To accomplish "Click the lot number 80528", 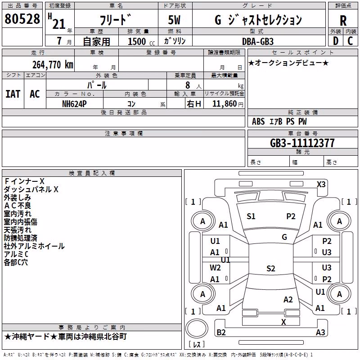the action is click(x=22, y=18).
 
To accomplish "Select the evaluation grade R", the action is click(x=343, y=21).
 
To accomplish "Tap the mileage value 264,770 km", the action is click(x=53, y=65).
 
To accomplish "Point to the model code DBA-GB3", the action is click(x=258, y=41).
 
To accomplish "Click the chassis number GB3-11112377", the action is click(x=302, y=143).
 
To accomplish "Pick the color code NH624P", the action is click(x=74, y=104).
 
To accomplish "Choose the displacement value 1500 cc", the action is click(x=141, y=41).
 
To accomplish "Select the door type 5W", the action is click(x=174, y=20).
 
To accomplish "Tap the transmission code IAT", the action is click(x=13, y=94).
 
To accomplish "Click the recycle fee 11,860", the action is click(x=224, y=104).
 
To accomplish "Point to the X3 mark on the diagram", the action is click(x=321, y=184).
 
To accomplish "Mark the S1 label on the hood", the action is click(x=251, y=216).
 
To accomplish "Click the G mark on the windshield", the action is click(x=284, y=237).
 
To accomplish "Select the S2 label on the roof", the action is click(x=271, y=268).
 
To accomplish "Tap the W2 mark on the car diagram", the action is click(x=215, y=268).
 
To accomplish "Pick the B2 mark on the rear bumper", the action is click(x=221, y=332).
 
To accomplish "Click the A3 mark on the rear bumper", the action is click(x=320, y=332).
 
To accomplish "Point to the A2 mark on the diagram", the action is click(x=288, y=300).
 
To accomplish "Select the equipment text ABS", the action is click(x=258, y=121).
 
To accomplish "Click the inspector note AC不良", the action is click(x=18, y=206).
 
